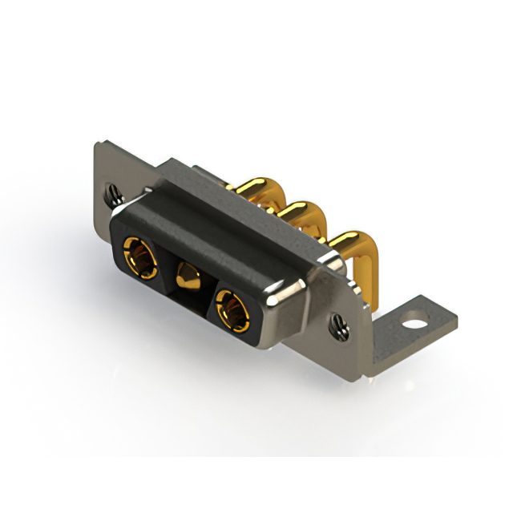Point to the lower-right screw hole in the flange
click(x=337, y=325)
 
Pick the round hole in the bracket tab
click(x=414, y=326)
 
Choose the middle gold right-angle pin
click(x=301, y=216)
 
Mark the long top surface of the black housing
click(x=216, y=232)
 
